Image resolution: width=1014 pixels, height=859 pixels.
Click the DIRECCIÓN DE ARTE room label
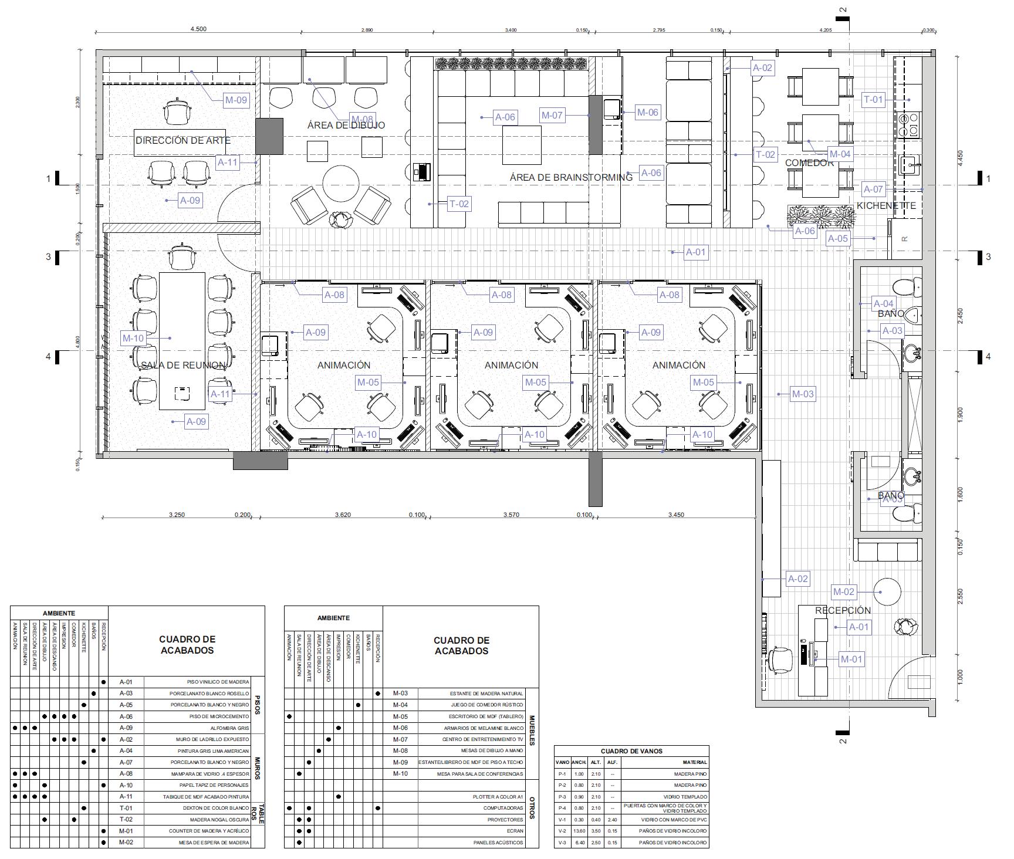point(183,141)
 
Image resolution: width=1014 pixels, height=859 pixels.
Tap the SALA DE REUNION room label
point(183,366)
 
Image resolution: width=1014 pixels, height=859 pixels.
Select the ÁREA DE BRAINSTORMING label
point(571,177)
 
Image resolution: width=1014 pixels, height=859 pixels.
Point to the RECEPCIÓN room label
point(843,611)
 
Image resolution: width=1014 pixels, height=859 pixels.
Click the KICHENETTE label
point(886,206)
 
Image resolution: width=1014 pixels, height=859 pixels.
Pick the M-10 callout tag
point(133,338)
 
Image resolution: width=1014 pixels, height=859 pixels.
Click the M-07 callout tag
point(552,116)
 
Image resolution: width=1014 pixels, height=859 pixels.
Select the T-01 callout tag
point(873,100)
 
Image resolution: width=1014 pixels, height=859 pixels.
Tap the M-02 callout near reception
point(844,592)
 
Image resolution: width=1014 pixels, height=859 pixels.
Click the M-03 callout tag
point(803,394)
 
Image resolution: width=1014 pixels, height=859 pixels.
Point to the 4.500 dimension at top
point(198,30)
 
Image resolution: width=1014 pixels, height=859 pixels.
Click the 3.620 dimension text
point(343,515)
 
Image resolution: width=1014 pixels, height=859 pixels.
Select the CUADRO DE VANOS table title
point(631,751)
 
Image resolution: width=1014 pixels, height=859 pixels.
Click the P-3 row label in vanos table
point(562,797)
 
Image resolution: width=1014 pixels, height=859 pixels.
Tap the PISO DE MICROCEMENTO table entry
point(212,716)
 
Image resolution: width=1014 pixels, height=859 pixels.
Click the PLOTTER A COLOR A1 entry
point(498,797)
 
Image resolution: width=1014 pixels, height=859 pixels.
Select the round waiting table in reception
point(887,592)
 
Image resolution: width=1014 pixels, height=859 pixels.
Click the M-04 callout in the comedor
point(840,154)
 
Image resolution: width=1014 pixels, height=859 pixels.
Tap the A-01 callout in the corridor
point(696,252)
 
